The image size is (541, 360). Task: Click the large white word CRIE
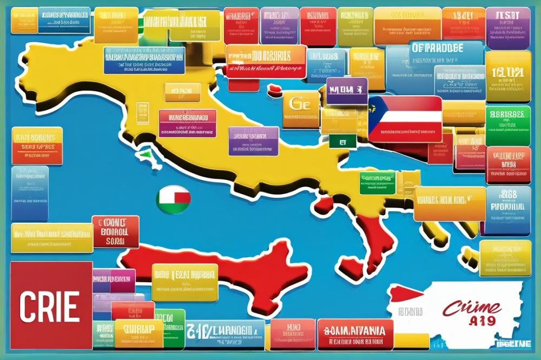point(50,306)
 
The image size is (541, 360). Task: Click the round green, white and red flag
point(173,199)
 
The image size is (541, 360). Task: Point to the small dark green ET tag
point(343,142)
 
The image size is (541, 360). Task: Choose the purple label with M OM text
point(347,91)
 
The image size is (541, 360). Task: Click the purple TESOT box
point(507,21)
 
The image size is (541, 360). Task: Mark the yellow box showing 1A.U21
point(507,76)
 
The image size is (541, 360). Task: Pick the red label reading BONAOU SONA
point(115,232)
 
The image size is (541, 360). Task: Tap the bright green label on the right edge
point(507,125)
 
